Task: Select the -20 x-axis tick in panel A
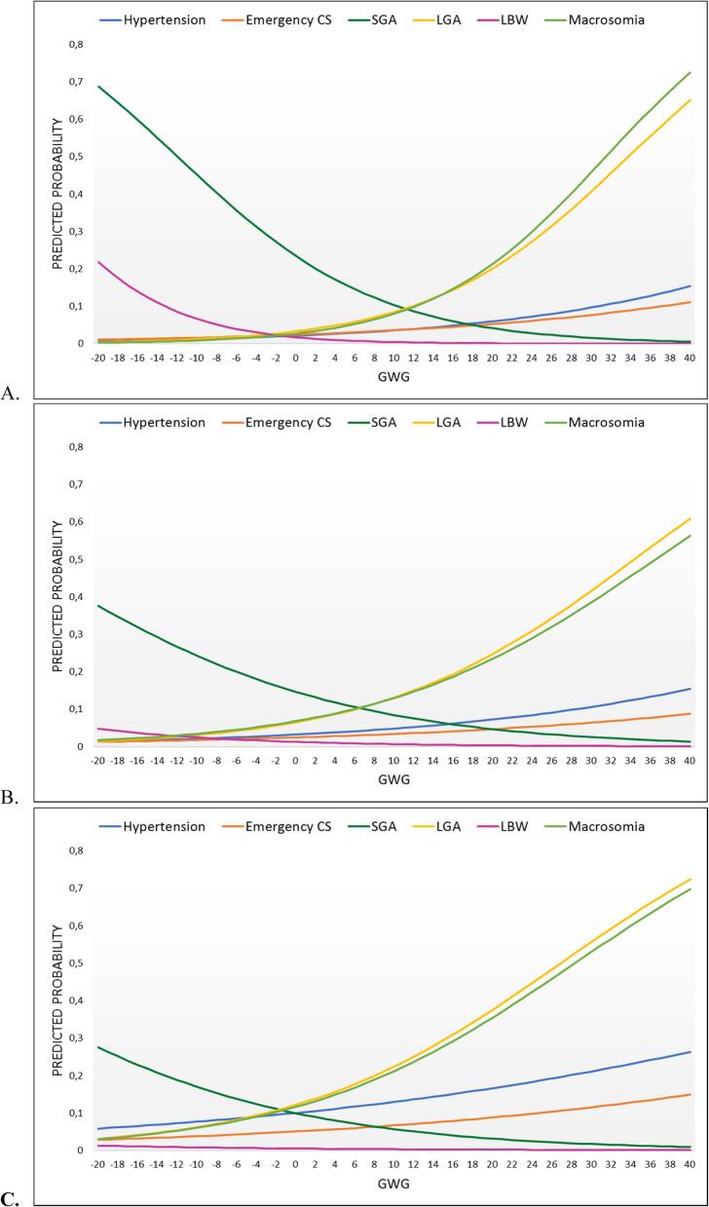tap(97, 358)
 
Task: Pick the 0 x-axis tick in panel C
tap(295, 1165)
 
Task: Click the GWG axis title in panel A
tap(393, 379)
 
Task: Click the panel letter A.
tap(10, 393)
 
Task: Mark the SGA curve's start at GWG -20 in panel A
tap(98, 86)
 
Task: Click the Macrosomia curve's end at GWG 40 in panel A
tap(690, 72)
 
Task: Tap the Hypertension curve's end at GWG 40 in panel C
tap(690, 1052)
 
